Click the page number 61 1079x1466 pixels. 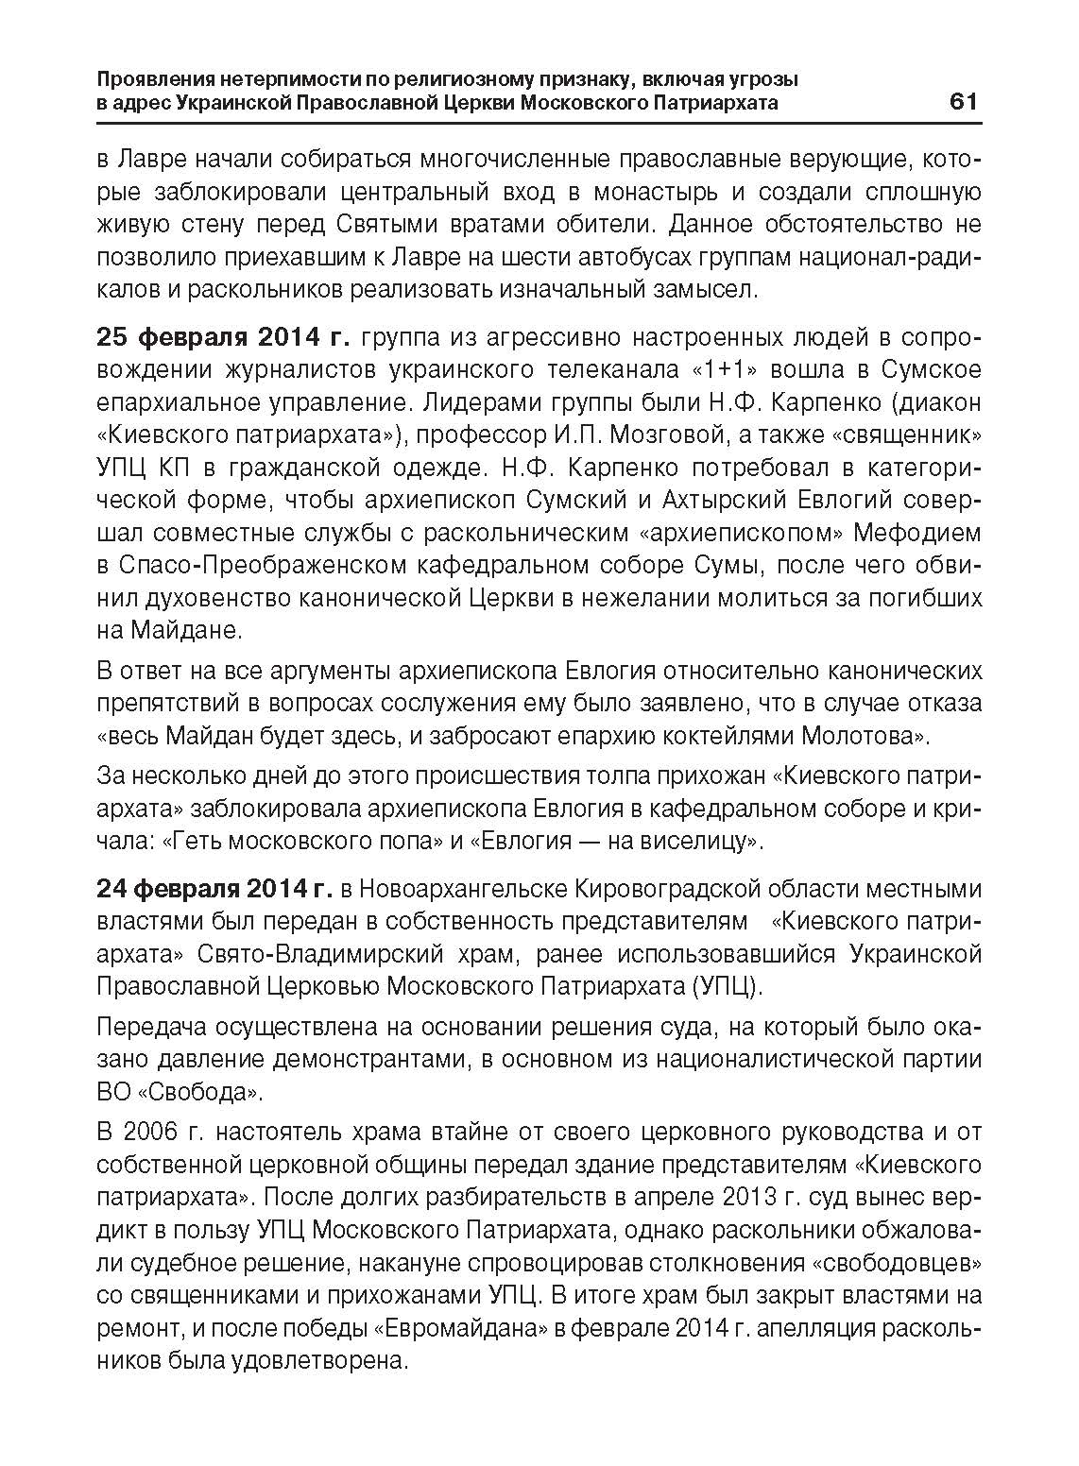click(963, 101)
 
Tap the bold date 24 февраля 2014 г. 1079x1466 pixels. click(214, 889)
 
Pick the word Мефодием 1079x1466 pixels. click(917, 533)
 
